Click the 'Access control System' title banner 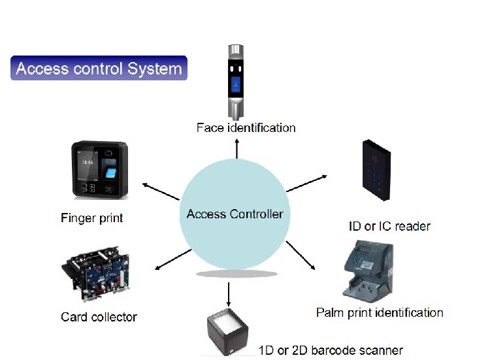click(x=99, y=68)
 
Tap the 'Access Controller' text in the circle click(x=235, y=214)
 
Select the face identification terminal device click(x=236, y=82)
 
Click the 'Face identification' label click(x=246, y=128)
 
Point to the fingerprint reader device click(x=100, y=170)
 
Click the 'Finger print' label click(x=92, y=218)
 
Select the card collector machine click(x=95, y=274)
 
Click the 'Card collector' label click(x=99, y=317)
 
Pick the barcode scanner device click(x=227, y=332)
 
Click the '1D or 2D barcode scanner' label click(x=331, y=350)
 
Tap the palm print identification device click(x=368, y=271)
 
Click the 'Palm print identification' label click(x=380, y=313)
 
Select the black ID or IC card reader click(x=376, y=170)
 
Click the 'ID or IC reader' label click(x=389, y=226)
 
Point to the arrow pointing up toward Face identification click(x=237, y=149)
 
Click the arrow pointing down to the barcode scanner click(x=229, y=295)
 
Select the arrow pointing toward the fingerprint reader click(x=161, y=191)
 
